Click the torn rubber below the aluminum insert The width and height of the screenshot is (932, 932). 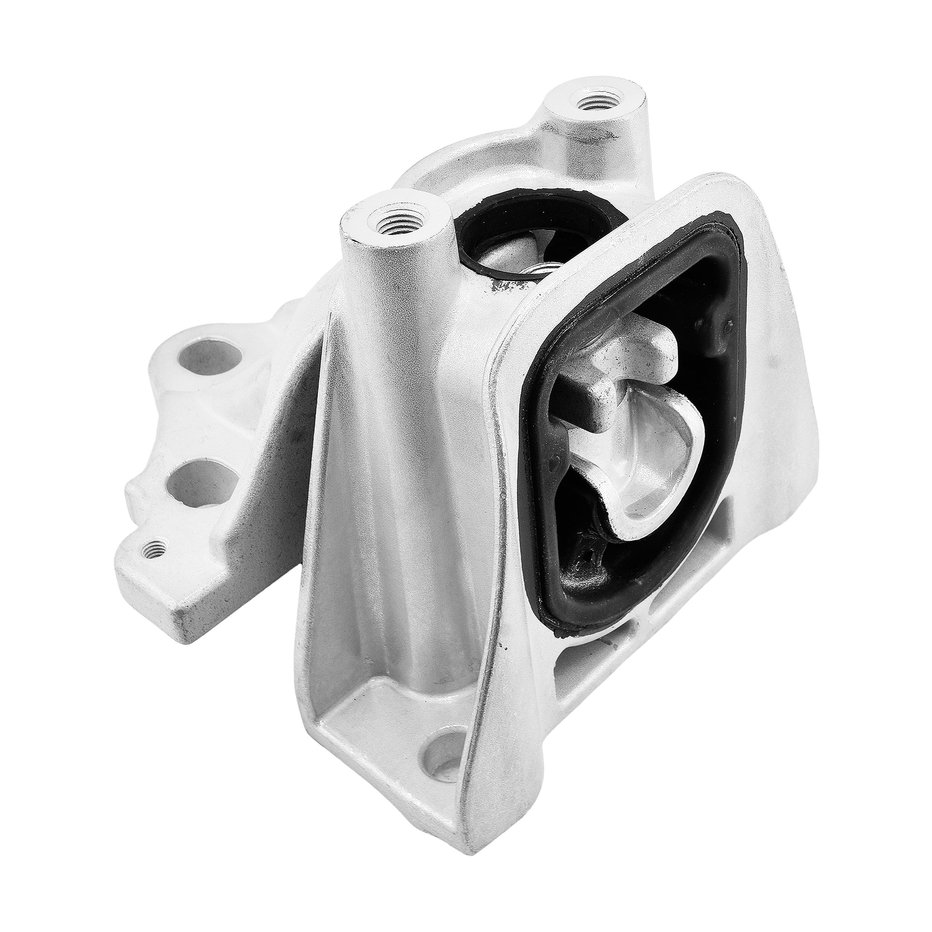point(586,560)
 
